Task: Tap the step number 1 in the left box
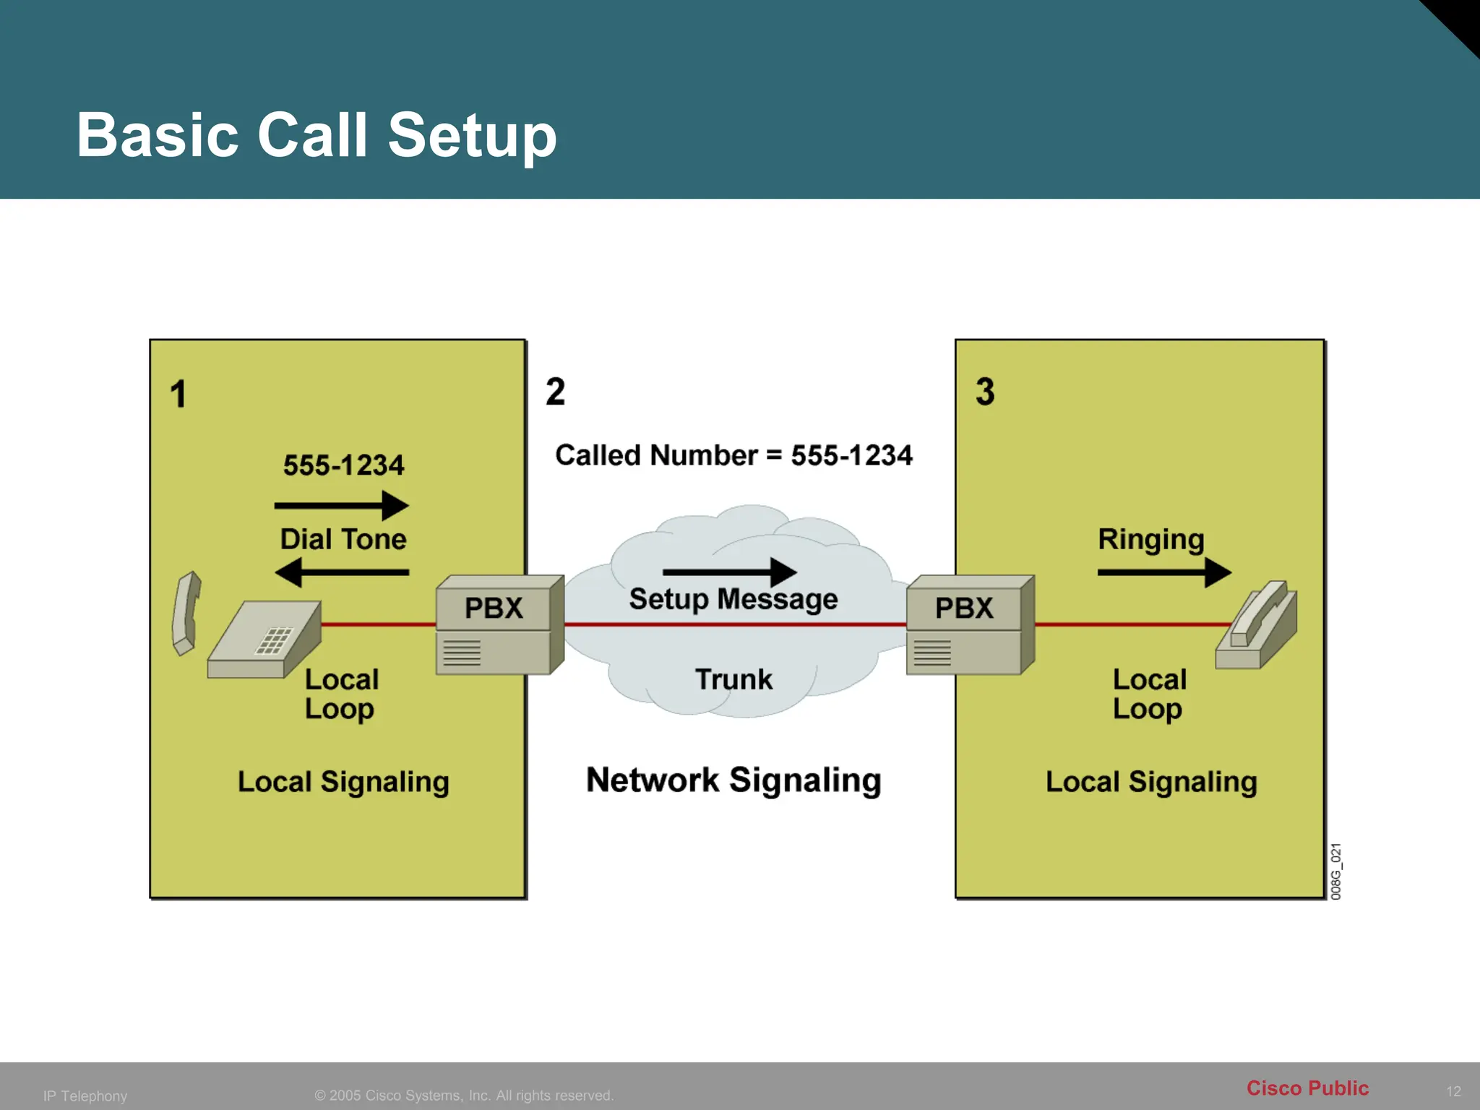coord(178,394)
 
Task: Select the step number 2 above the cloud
coord(555,391)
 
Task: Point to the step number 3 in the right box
coord(985,391)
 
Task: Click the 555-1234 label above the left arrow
coord(343,465)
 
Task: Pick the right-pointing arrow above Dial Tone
coord(341,505)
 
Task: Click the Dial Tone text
coord(343,539)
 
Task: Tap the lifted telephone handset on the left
coord(186,613)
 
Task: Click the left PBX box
coord(499,624)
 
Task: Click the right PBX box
coord(969,624)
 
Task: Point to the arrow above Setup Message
coord(729,572)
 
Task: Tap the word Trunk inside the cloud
coord(733,679)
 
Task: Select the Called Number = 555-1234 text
coord(733,455)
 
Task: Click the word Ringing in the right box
coord(1150,539)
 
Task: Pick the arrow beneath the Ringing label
coord(1163,572)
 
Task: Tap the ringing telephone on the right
coord(1257,626)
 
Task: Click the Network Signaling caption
coord(733,780)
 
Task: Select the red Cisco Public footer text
coord(1307,1088)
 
